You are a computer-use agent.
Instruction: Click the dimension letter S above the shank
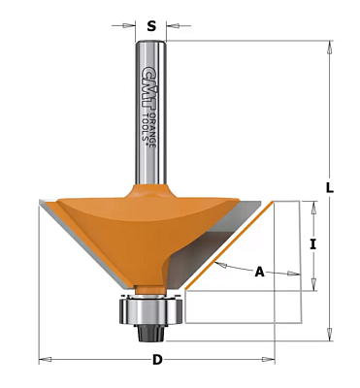coord(151,26)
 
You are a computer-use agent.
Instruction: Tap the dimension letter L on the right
coord(329,188)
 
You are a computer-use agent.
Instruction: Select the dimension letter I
coord(312,244)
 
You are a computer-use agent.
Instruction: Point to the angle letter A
coord(259,272)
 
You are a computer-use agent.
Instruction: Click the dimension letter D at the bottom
coord(157,360)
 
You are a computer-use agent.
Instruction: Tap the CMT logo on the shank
coord(147,88)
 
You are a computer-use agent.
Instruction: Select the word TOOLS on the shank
coord(147,126)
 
